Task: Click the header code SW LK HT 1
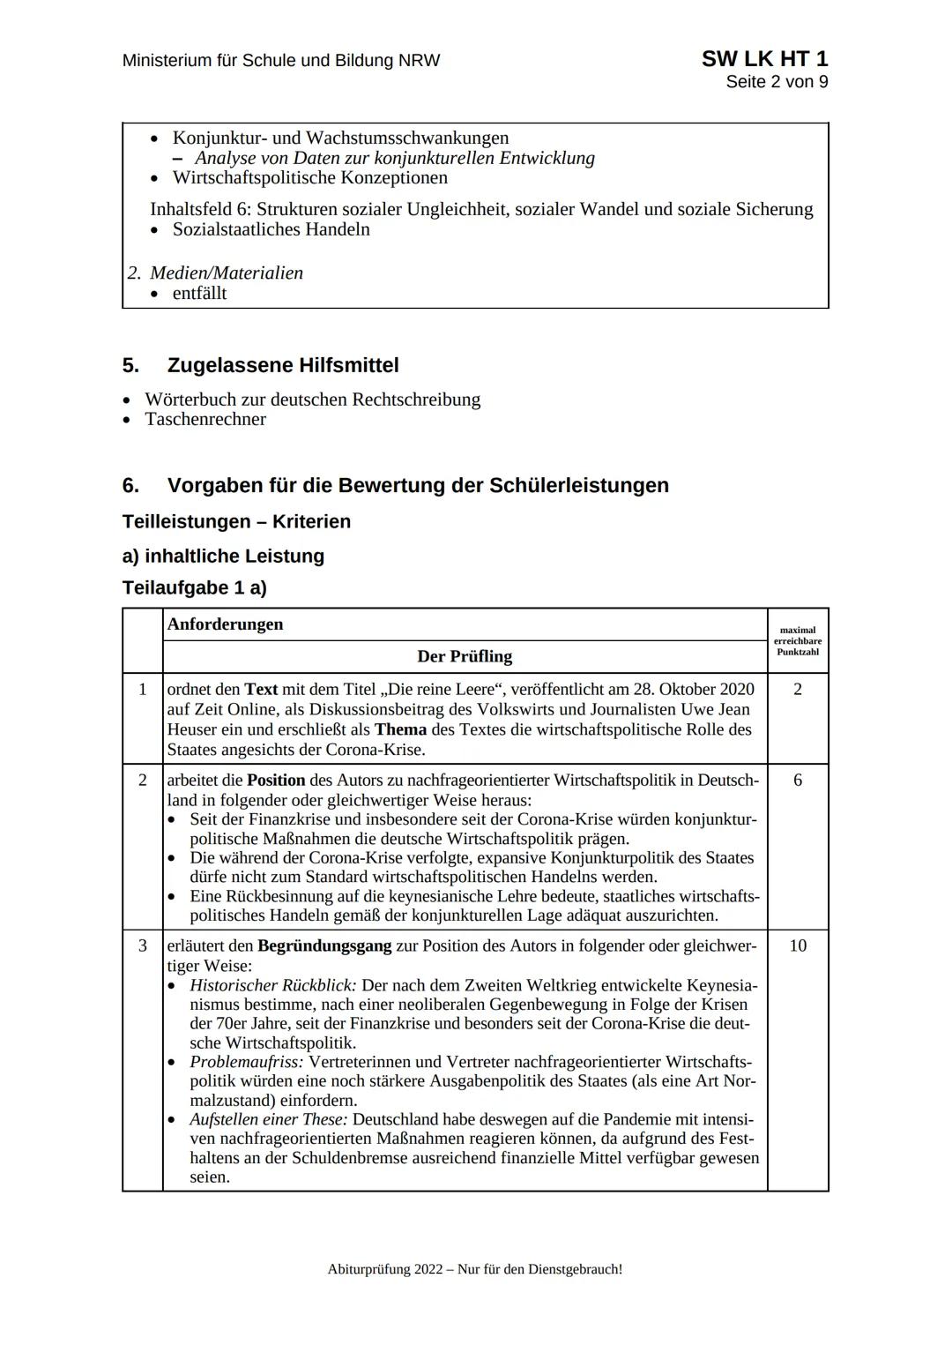click(763, 59)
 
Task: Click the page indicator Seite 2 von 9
click(777, 82)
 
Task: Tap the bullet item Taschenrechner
click(205, 419)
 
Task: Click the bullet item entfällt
click(199, 293)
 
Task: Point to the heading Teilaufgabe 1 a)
click(194, 587)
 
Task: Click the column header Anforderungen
click(225, 624)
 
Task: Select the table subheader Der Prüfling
click(464, 656)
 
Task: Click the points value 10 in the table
click(797, 945)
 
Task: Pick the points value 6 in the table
click(797, 780)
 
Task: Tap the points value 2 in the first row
click(797, 689)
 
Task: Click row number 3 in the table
click(143, 945)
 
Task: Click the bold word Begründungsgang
click(324, 945)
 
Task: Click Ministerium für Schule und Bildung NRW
click(280, 61)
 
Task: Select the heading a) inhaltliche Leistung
click(223, 556)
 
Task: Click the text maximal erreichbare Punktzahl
click(797, 641)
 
